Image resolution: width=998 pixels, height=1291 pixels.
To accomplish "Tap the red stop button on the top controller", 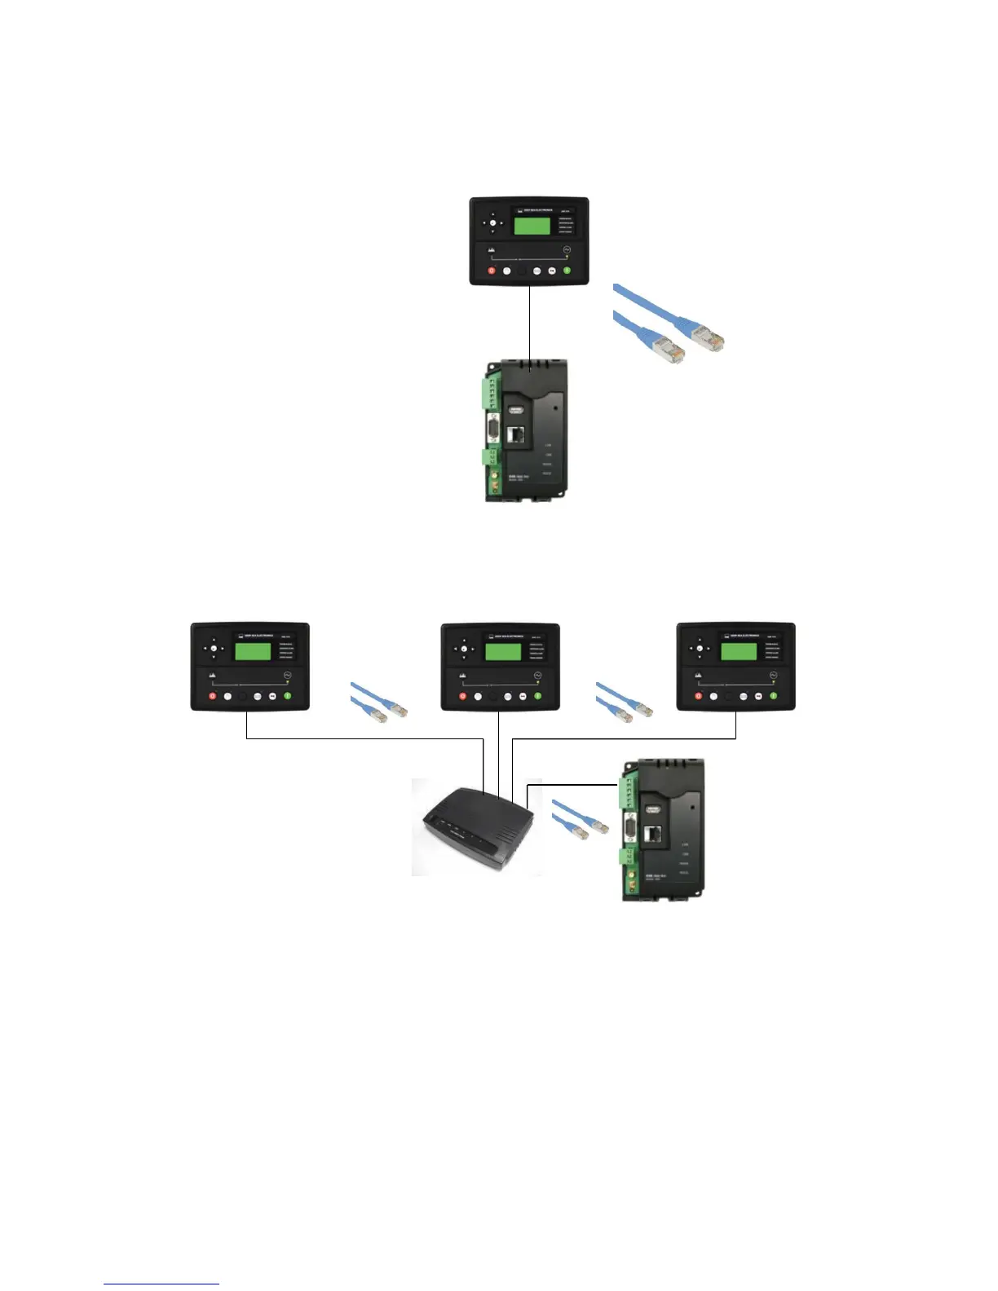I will [x=492, y=270].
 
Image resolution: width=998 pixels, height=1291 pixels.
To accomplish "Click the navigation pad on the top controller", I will [x=491, y=222].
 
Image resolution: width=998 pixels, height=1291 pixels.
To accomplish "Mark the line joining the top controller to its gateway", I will [x=531, y=323].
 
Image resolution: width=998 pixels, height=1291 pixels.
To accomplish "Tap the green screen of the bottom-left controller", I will [x=253, y=651].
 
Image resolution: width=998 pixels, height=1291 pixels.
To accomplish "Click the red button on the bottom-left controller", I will [x=212, y=696].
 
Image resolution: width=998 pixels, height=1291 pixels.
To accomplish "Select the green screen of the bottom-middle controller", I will [x=503, y=651].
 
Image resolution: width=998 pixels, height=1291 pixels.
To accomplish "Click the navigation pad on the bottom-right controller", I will [x=699, y=650].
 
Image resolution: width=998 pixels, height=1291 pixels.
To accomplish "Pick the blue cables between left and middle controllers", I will [x=377, y=703].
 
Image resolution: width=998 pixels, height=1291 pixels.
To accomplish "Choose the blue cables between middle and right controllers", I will [x=623, y=703].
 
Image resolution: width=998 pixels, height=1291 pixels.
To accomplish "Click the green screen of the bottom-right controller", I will [x=738, y=651].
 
